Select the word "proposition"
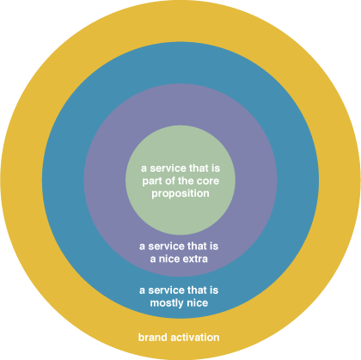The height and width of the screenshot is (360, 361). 180,194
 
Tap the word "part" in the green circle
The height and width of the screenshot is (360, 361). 152,181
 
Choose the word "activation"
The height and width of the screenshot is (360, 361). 195,337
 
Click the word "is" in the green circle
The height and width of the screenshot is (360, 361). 216,168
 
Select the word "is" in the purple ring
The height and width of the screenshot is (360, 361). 214,246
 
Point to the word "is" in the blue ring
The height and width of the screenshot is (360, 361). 214,290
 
